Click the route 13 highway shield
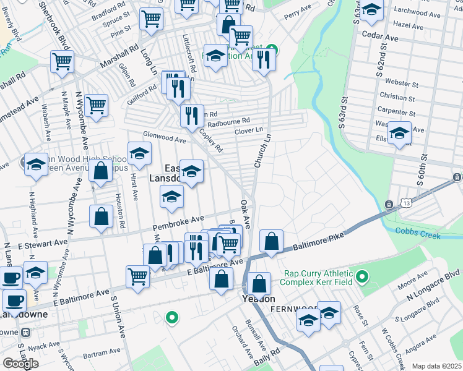405,203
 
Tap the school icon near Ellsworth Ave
399,132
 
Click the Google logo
20,363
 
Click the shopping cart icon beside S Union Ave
137,276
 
